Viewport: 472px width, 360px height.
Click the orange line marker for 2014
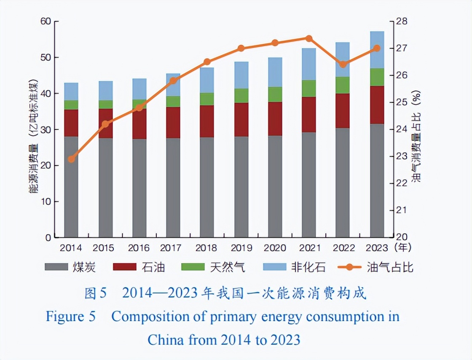71,159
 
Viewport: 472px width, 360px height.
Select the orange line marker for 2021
308,38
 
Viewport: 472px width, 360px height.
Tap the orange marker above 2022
343,64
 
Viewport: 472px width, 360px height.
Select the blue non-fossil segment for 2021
308,64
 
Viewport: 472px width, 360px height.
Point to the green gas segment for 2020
275,94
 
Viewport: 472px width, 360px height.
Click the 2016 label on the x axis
139,248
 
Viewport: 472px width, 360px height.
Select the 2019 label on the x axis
241,248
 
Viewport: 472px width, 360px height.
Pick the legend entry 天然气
214,267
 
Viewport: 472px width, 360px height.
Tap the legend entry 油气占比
375,267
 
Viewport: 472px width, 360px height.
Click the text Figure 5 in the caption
71,317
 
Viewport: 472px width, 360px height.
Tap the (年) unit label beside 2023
402,248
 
